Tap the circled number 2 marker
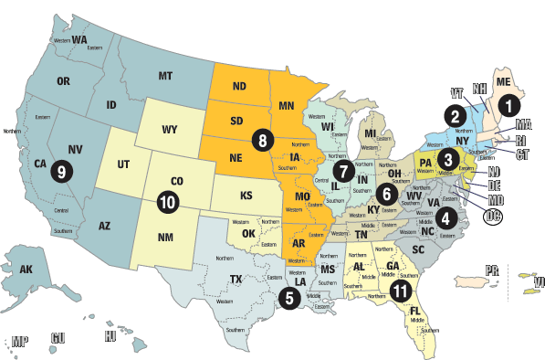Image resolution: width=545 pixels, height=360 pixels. coord(453,115)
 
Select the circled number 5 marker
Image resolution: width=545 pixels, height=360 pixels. coord(288,295)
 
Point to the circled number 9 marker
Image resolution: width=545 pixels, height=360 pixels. coord(61,171)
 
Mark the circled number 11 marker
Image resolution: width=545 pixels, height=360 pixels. coord(399,291)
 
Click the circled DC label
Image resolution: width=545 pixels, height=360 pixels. coord(495,217)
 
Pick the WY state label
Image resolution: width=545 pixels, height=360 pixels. coord(169,129)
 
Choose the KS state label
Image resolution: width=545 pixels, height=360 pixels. coord(247,196)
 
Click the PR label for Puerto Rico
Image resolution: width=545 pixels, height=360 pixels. coord(492,270)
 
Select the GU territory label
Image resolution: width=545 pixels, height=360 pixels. coord(59,337)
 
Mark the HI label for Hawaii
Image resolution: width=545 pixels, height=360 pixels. coord(110,336)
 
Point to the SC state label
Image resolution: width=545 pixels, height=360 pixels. coord(419,249)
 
